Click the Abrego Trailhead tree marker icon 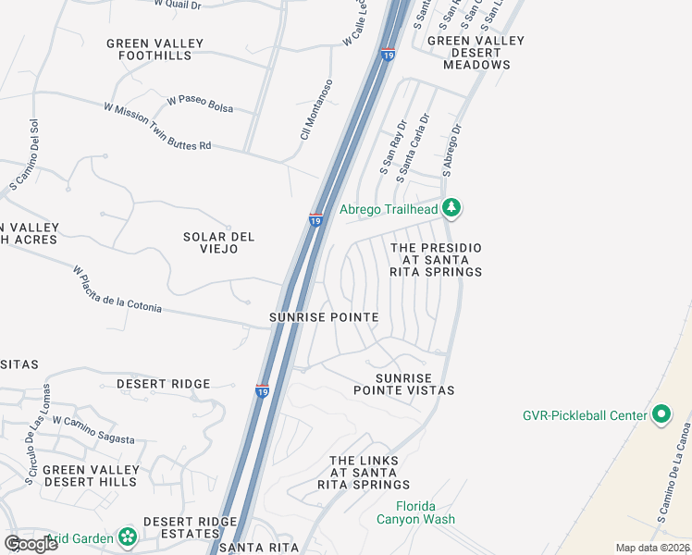coord(451,208)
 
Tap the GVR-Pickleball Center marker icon coord(661,414)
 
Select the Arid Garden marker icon coord(128,537)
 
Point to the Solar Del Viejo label coord(218,243)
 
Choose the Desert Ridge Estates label coord(191,528)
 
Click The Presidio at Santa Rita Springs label coord(437,260)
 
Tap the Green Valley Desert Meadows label coord(476,53)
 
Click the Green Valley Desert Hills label coord(92,476)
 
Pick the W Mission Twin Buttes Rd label coord(157,127)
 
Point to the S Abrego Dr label coord(451,150)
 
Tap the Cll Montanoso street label coord(315,110)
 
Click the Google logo coord(31,543)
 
